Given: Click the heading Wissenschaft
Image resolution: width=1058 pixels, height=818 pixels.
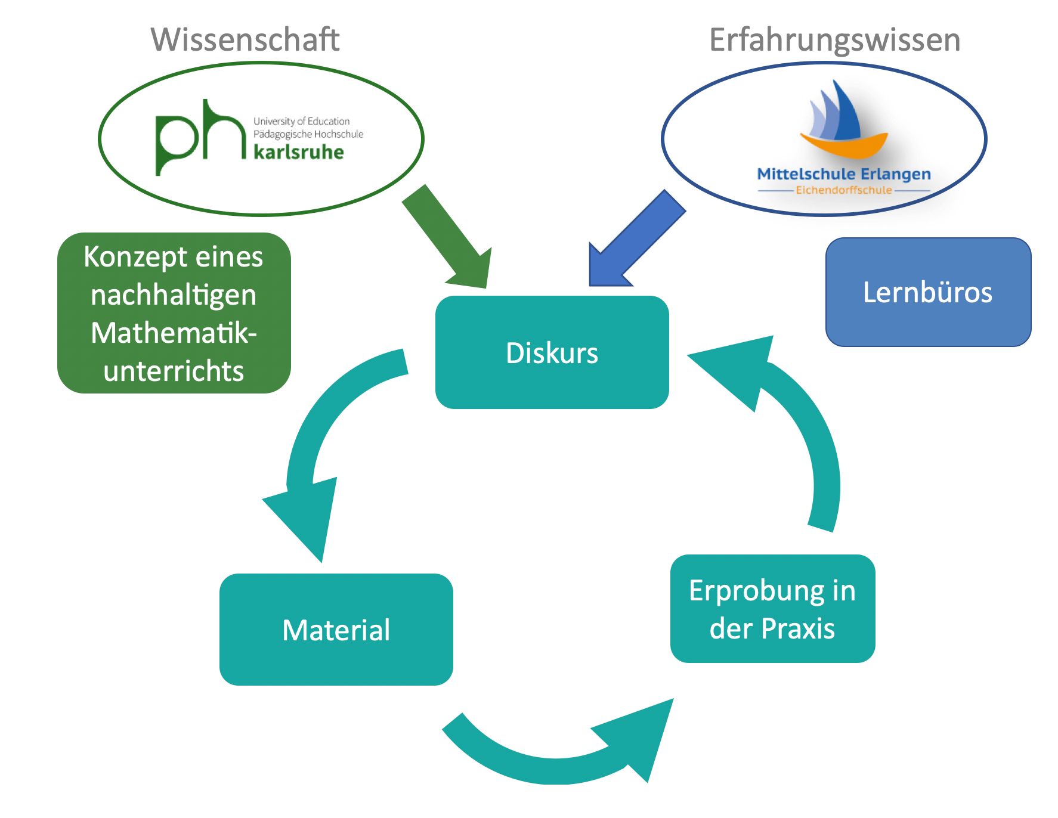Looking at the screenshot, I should click(x=245, y=40).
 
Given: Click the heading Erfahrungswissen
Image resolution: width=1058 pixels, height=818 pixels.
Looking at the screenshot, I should click(x=834, y=40).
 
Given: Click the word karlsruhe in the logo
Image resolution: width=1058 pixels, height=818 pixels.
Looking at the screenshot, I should click(x=299, y=152).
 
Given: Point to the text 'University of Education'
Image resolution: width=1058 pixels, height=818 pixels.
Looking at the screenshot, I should click(x=301, y=121).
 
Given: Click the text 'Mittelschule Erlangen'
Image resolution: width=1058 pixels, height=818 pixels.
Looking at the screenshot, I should click(x=843, y=174).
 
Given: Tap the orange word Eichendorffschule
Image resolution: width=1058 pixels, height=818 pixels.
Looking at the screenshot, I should click(x=843, y=190).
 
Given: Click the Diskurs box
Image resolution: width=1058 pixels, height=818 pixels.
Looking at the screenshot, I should click(x=552, y=352).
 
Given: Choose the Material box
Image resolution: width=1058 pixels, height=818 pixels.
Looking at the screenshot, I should click(x=336, y=630).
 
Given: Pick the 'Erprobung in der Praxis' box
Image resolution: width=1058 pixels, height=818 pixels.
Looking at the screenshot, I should click(x=772, y=609).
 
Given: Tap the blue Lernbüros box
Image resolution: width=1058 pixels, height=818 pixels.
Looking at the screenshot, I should click(x=928, y=292).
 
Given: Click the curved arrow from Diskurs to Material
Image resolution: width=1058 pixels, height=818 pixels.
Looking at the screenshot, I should click(x=322, y=441).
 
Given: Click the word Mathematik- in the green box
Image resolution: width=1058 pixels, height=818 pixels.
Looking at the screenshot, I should click(x=174, y=333).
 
